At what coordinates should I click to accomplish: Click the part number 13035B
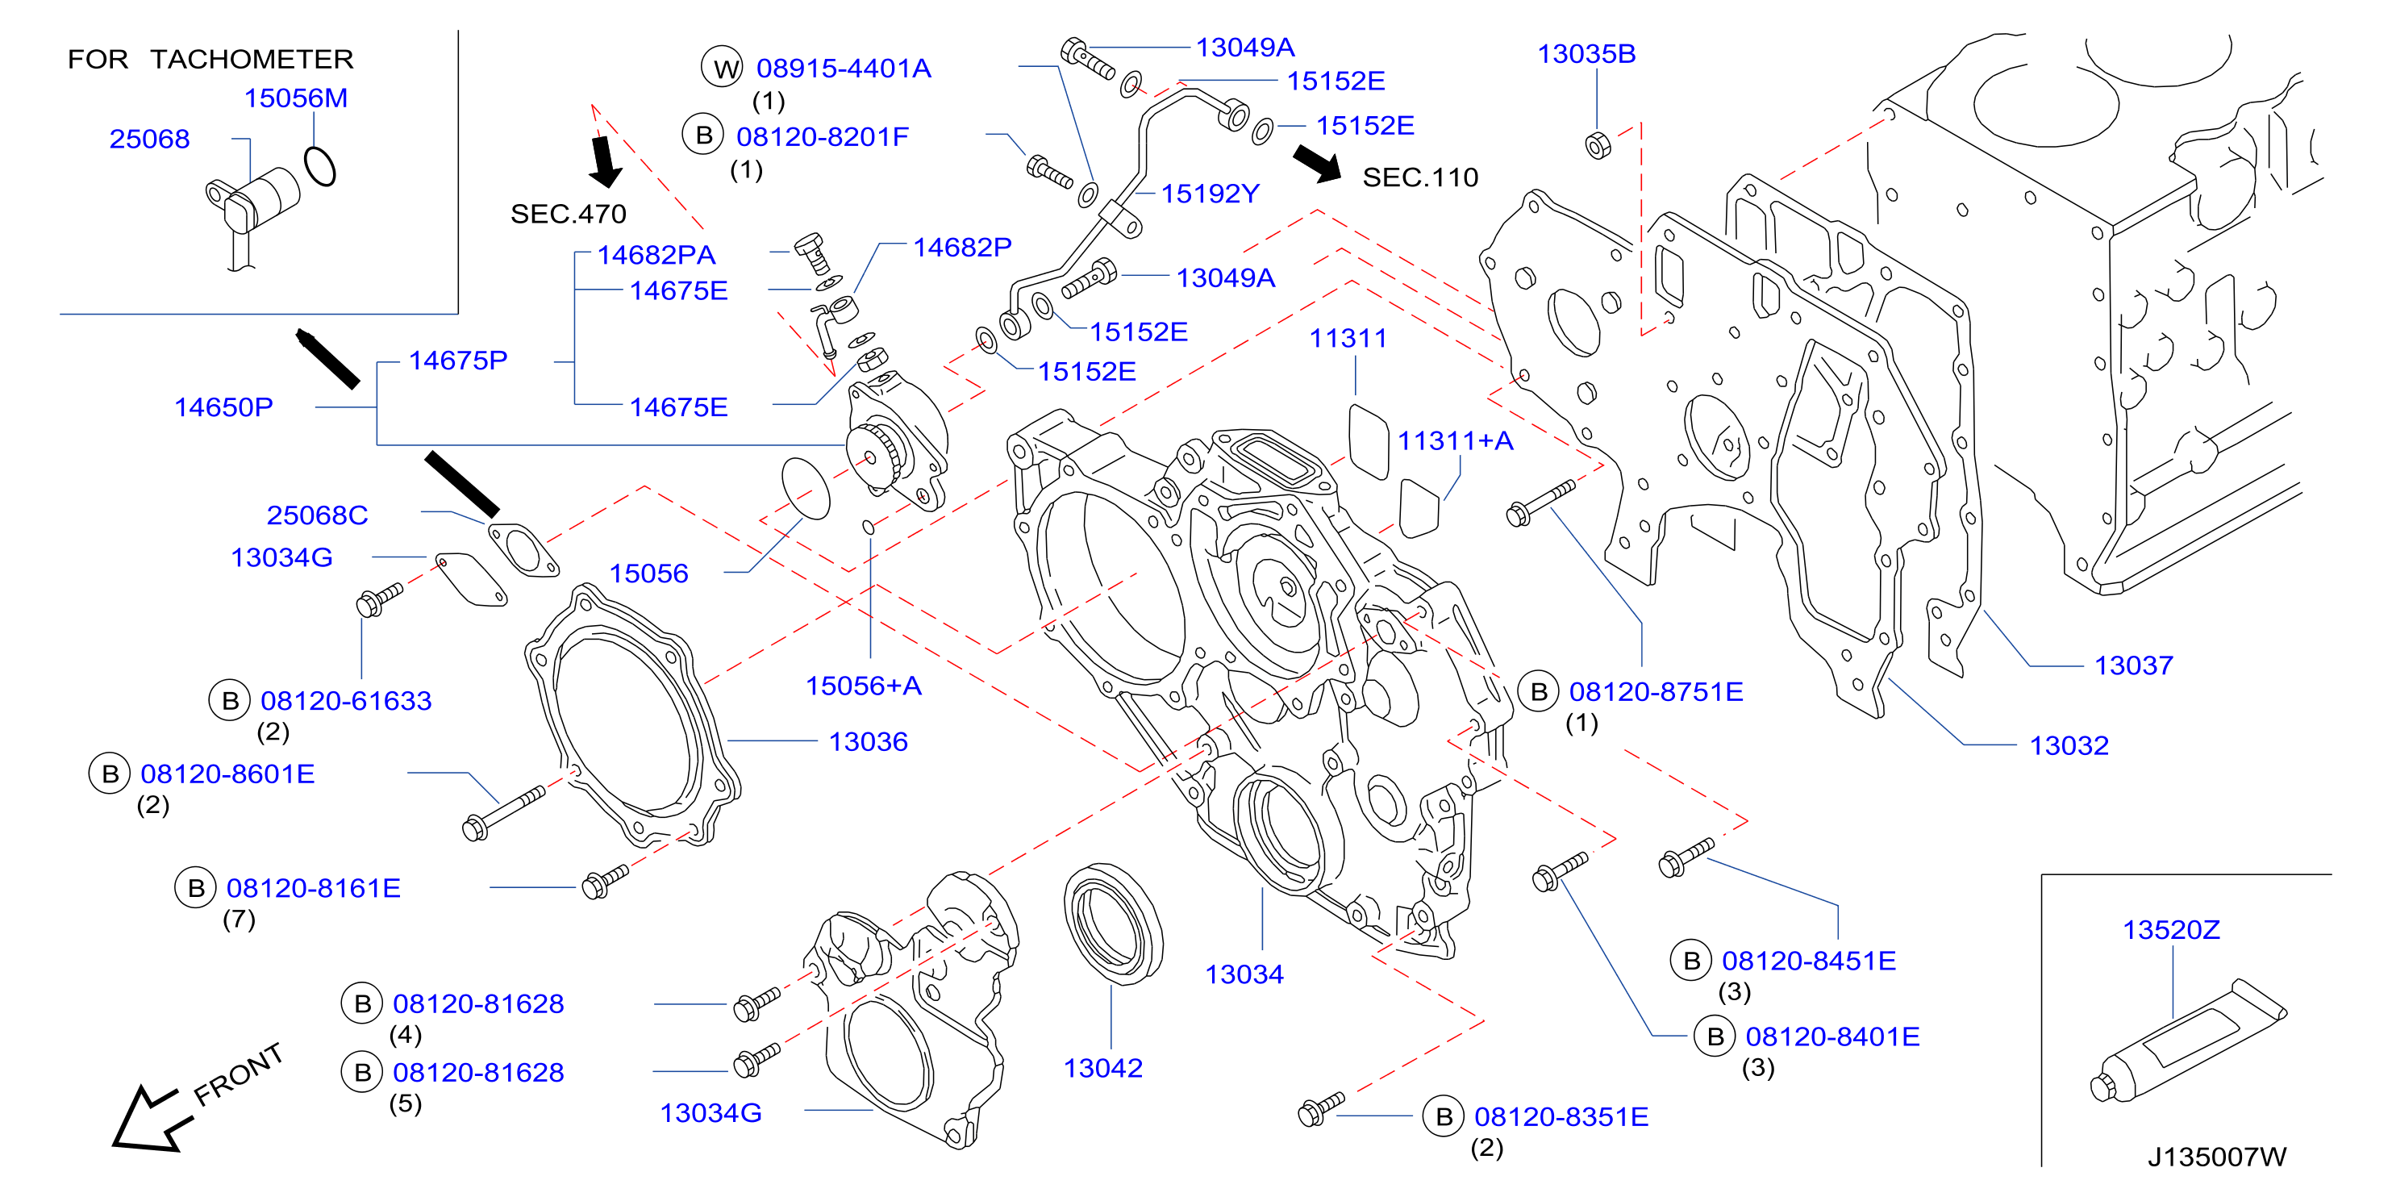(1586, 54)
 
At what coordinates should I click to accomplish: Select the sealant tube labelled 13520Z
(2188, 1042)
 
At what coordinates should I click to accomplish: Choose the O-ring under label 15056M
(319, 166)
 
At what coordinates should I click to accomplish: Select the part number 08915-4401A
(843, 68)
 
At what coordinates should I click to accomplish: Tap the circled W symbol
(723, 67)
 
